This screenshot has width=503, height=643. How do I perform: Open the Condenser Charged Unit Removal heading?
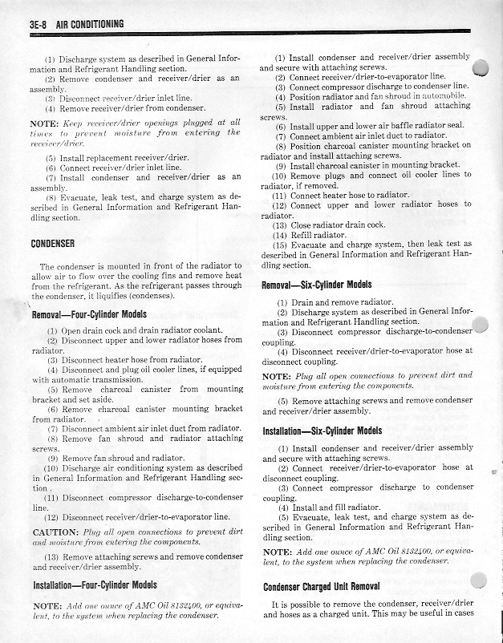click(321, 586)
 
